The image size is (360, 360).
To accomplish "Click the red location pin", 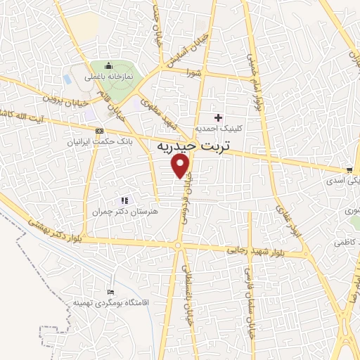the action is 181,166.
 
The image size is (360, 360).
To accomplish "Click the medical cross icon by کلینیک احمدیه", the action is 218,117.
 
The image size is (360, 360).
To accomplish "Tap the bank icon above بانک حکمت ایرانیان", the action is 99,131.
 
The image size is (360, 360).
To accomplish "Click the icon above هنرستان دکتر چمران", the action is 125,200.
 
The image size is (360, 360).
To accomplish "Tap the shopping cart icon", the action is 349,169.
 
